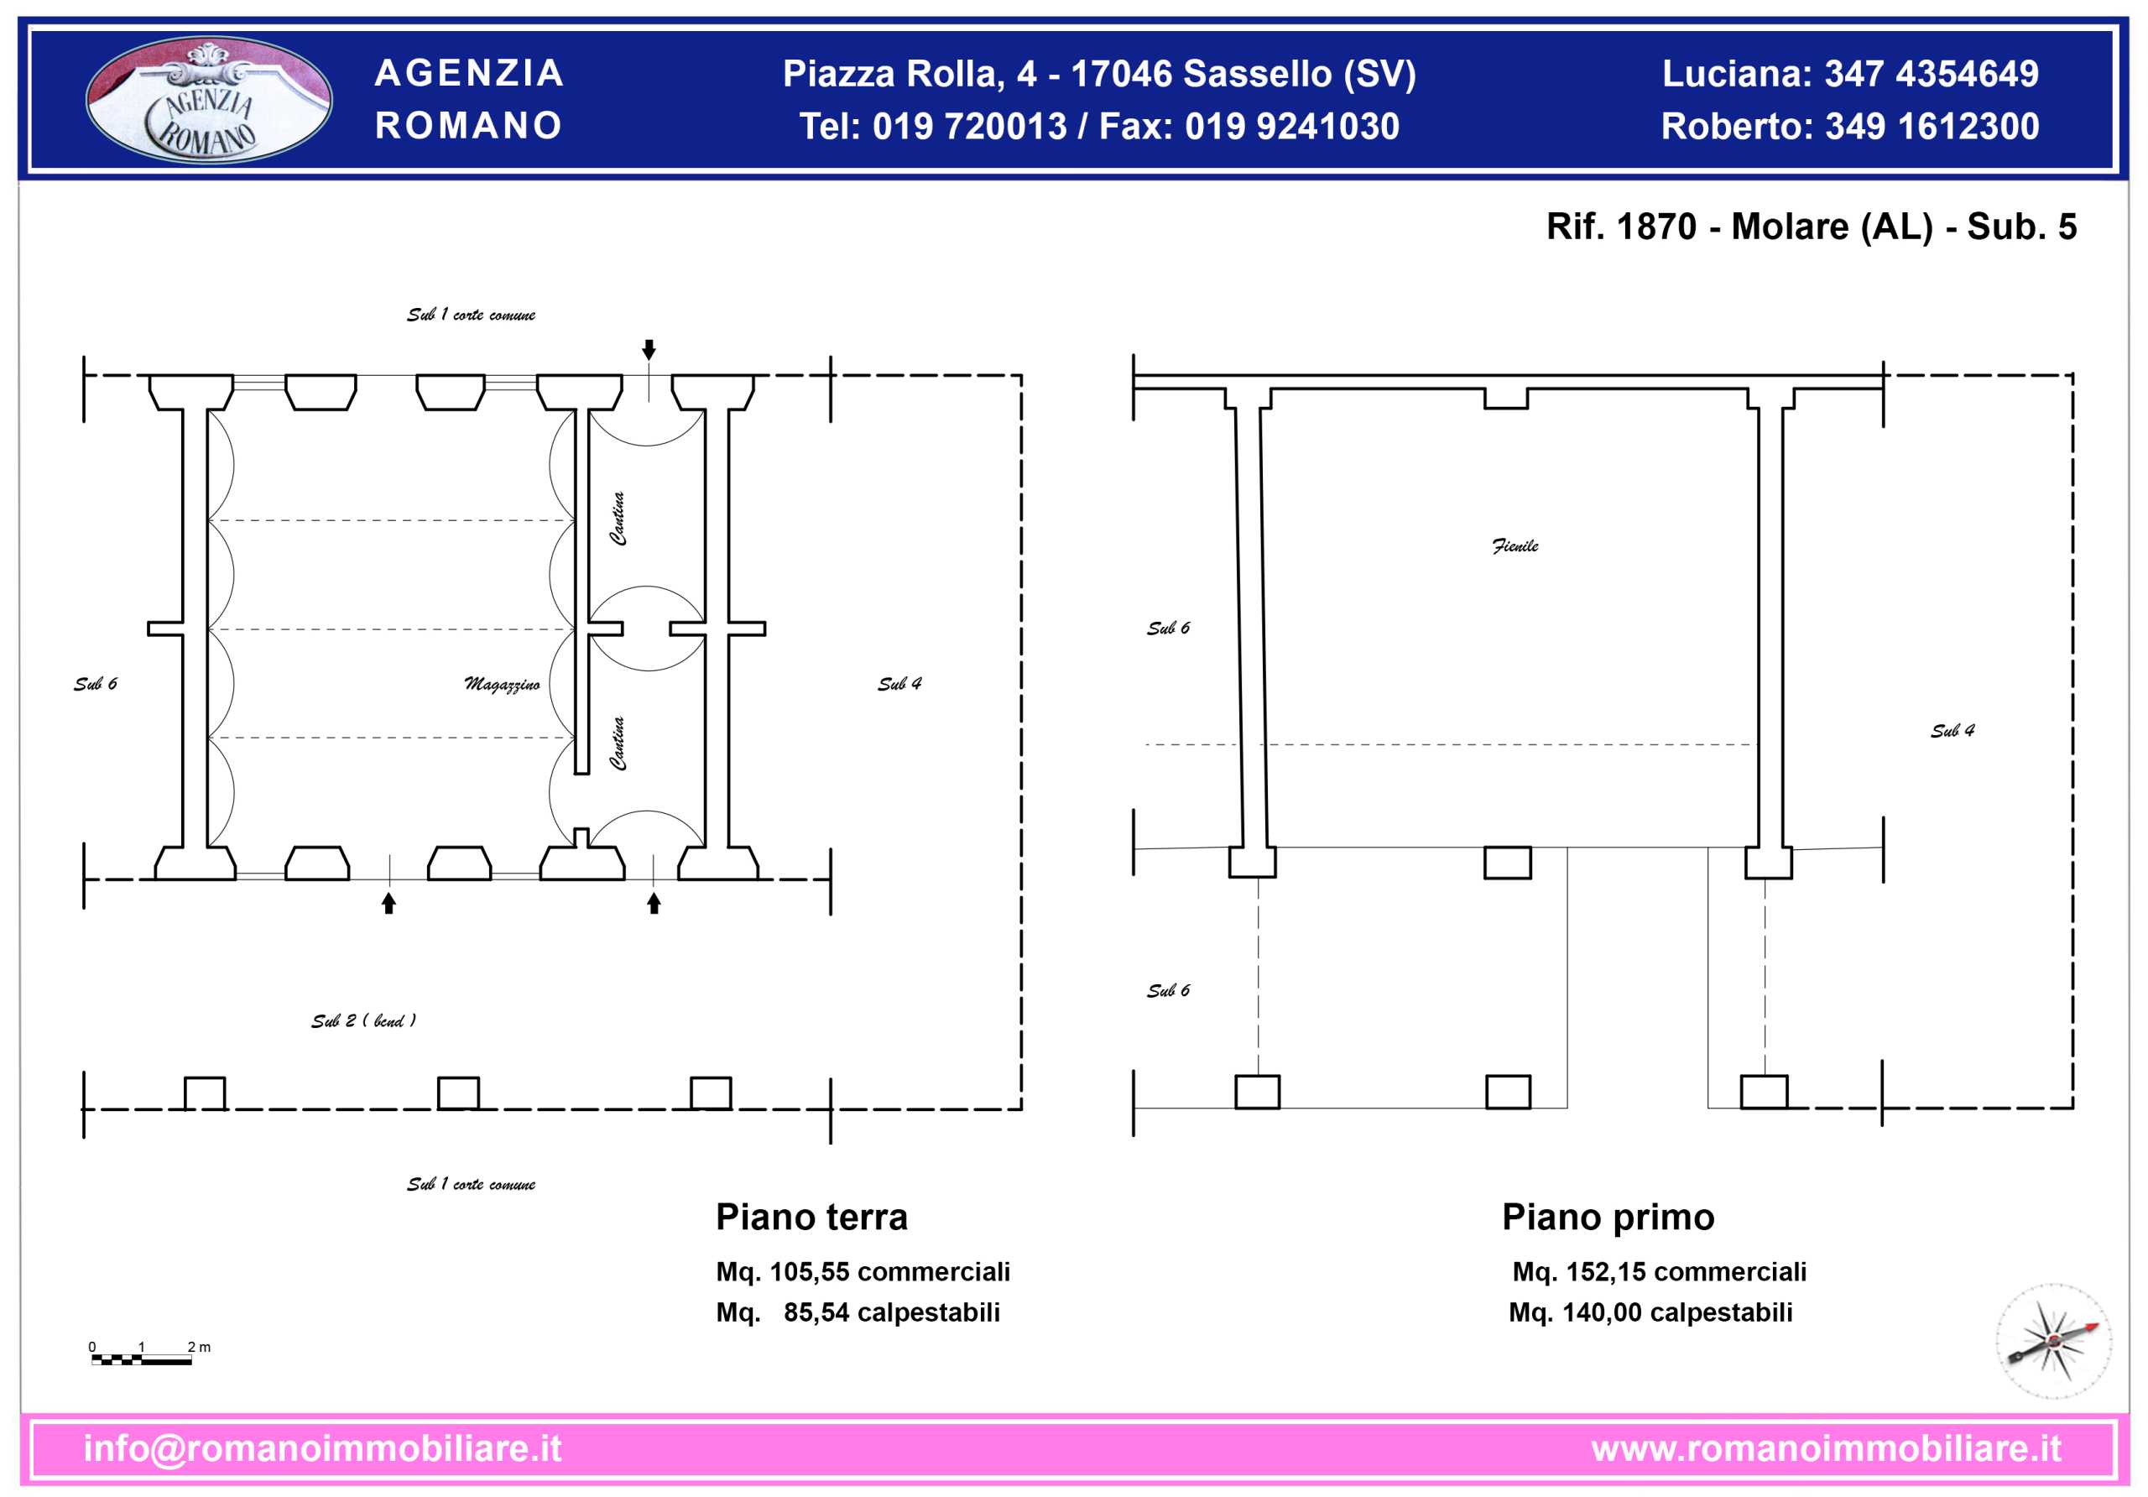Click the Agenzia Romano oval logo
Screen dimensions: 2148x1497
(x=209, y=99)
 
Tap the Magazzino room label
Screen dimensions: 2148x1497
(x=503, y=684)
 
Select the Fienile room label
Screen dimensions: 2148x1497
(x=1515, y=545)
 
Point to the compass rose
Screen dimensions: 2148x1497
(x=2053, y=1341)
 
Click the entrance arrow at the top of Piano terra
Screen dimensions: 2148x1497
(x=649, y=350)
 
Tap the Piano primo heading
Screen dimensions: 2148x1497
(x=1608, y=1218)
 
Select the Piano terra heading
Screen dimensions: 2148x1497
(x=811, y=1218)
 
